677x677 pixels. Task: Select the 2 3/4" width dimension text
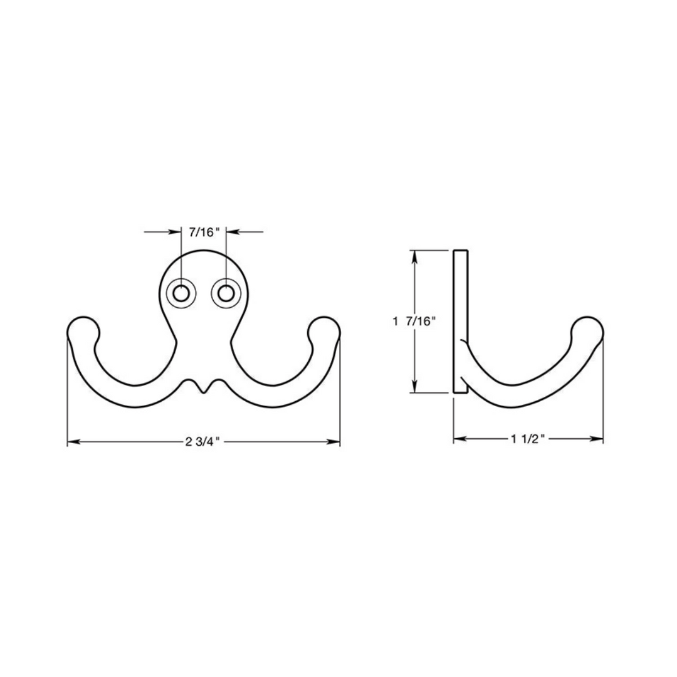tap(204, 442)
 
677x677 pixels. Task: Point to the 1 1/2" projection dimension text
tap(528, 439)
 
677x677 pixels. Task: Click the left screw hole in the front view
tap(182, 293)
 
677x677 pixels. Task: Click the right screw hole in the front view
tap(226, 293)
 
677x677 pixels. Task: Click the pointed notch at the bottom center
tap(203, 391)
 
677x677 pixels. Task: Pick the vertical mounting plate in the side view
tap(460, 322)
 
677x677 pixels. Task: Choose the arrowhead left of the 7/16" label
tap(176, 233)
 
